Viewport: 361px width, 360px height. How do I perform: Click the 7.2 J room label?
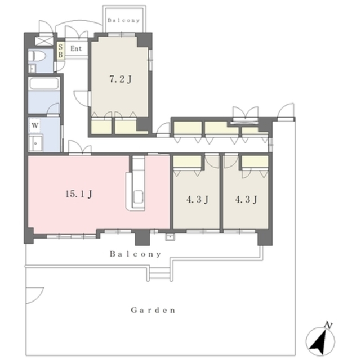tap(120, 79)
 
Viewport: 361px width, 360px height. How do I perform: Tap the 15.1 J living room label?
tap(79, 194)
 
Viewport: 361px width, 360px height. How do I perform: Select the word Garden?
tap(153, 310)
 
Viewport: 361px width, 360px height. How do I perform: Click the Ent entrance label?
tap(76, 48)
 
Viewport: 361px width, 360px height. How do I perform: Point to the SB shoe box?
tap(61, 51)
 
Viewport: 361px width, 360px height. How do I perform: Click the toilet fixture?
tap(37, 56)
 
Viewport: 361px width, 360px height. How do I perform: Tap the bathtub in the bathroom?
tap(44, 83)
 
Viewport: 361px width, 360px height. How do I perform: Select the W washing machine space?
tap(35, 125)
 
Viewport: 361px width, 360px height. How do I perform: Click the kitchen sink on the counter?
tap(139, 197)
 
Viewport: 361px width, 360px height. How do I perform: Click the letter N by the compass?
tap(328, 326)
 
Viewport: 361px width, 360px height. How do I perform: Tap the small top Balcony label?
tap(124, 20)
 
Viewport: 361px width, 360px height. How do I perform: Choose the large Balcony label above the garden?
tap(135, 254)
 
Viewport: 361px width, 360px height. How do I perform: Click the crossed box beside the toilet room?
tap(44, 41)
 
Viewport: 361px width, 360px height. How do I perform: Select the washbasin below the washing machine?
tap(35, 143)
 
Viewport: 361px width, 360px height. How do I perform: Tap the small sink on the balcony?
tap(170, 237)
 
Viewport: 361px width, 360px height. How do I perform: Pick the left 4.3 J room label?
tap(197, 199)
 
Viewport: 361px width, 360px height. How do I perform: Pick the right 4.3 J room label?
tap(246, 199)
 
